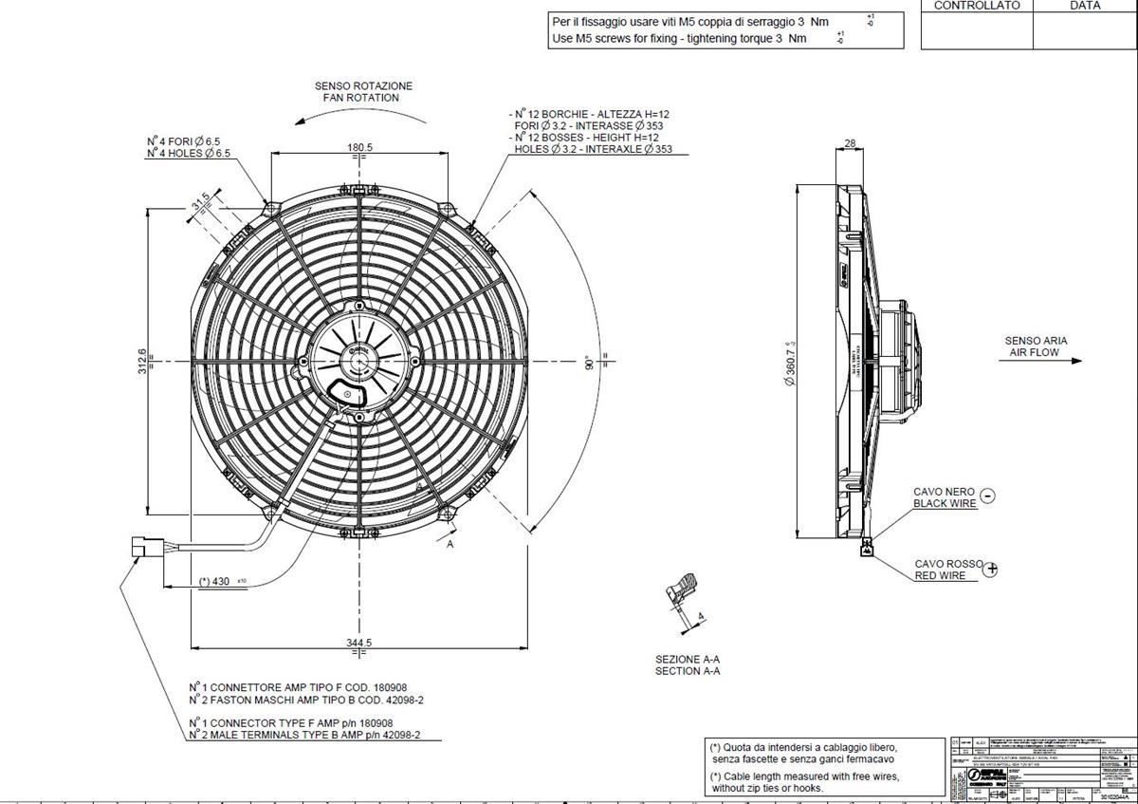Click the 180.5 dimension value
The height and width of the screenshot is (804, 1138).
click(x=359, y=147)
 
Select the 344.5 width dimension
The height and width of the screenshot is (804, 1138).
click(x=359, y=643)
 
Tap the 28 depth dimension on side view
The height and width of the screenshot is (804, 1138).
click(x=849, y=143)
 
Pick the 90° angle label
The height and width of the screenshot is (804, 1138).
click(x=588, y=364)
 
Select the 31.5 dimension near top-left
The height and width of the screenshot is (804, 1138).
click(x=201, y=203)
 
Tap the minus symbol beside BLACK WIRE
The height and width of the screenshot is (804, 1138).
click(x=987, y=495)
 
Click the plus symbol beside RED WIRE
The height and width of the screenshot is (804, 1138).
click(x=992, y=570)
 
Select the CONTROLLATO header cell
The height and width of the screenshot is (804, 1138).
click(x=977, y=6)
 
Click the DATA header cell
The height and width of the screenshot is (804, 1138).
click(x=1085, y=6)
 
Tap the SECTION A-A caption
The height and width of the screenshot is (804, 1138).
click(x=688, y=671)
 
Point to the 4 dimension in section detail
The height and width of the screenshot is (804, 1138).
click(x=700, y=617)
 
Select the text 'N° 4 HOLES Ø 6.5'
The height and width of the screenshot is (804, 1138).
click(x=188, y=154)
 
